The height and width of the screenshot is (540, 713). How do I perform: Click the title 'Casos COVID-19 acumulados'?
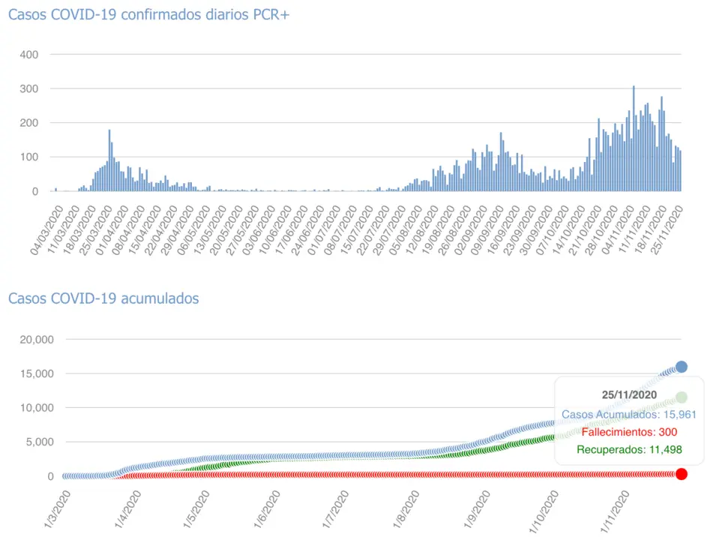(103, 298)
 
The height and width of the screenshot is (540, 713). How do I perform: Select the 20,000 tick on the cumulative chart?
(34, 340)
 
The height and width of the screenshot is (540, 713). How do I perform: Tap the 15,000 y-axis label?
(34, 373)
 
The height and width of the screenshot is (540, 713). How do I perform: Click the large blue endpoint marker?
(682, 367)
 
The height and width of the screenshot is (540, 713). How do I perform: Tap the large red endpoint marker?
(682, 474)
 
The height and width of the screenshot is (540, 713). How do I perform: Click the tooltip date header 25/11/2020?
(629, 394)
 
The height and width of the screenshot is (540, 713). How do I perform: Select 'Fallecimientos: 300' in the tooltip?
(629, 432)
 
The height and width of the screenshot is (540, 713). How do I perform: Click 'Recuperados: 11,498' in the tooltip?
(630, 450)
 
